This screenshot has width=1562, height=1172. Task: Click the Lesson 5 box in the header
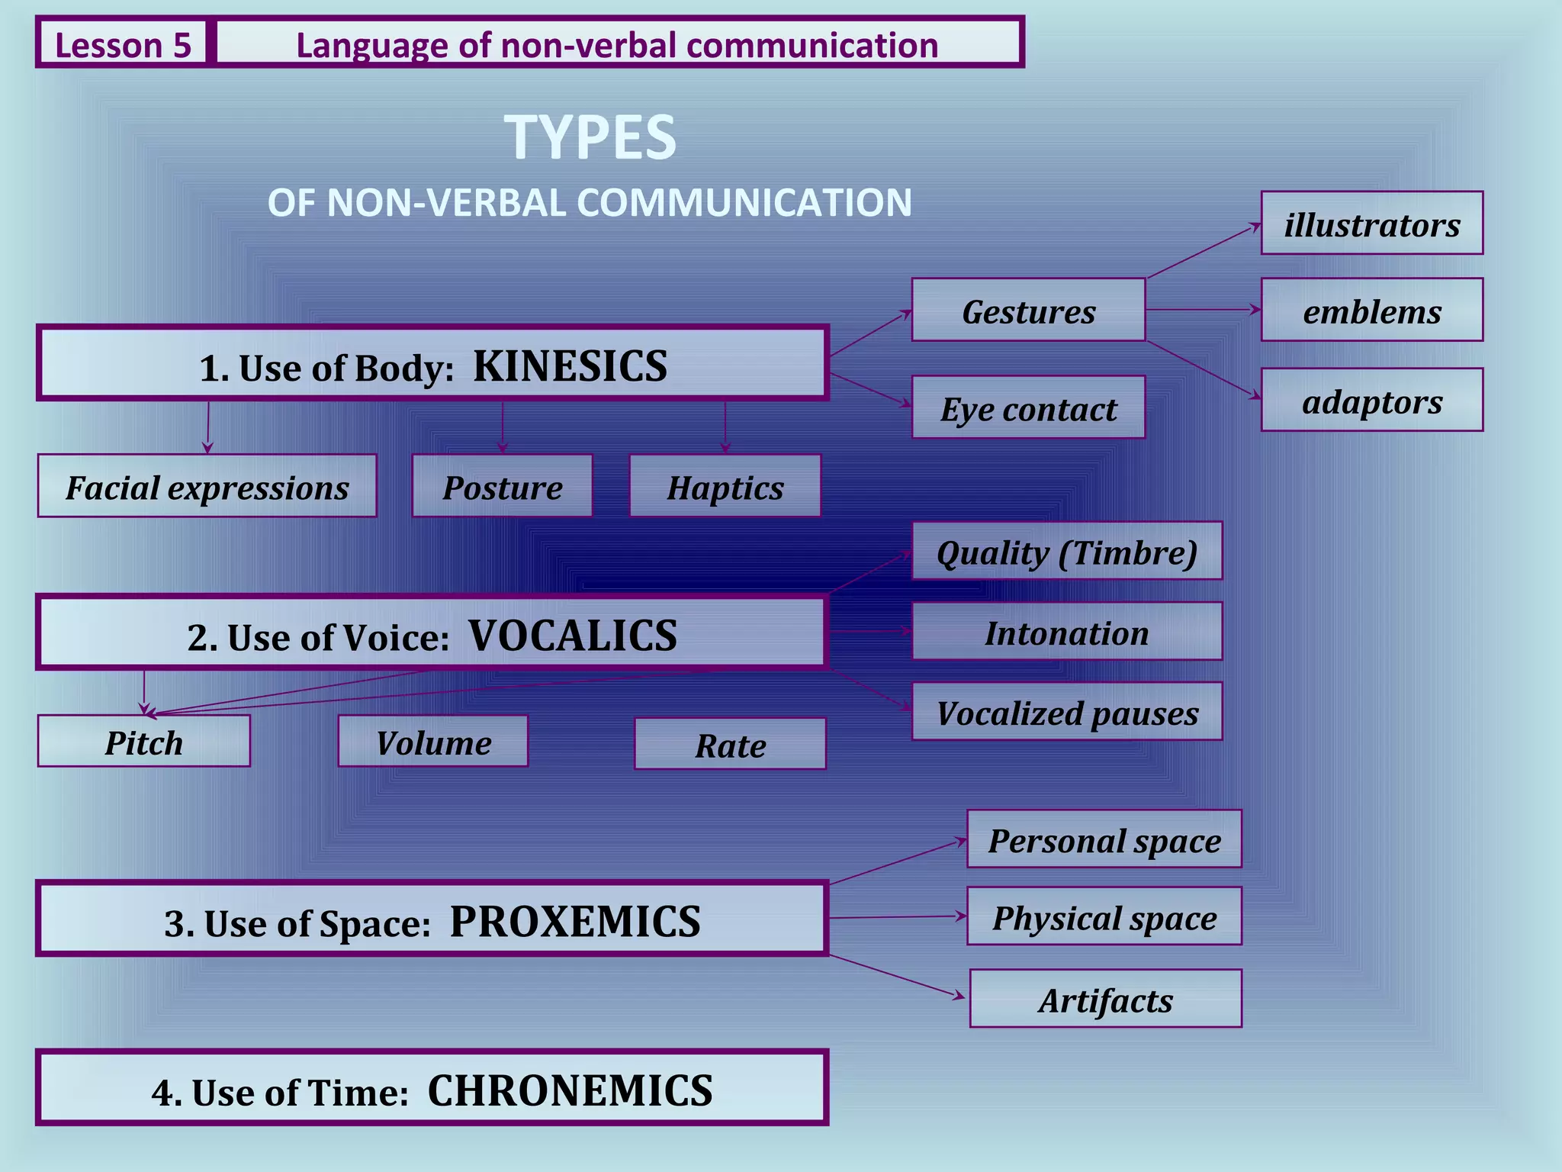[x=122, y=44]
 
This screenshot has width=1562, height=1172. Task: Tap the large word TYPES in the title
[x=590, y=137]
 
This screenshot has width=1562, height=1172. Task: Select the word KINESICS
[x=570, y=366]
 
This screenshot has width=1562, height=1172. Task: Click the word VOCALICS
[x=572, y=636]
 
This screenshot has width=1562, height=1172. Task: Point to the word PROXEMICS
[x=575, y=922]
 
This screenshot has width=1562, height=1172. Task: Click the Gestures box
[x=1028, y=310]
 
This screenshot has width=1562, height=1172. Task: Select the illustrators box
[x=1371, y=224]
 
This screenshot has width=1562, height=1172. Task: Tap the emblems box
[x=1371, y=310]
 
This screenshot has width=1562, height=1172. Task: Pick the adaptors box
[x=1371, y=400]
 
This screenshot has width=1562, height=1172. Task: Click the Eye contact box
[x=1028, y=407]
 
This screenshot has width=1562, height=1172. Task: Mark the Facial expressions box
[x=207, y=486]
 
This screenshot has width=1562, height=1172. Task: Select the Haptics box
[x=725, y=486]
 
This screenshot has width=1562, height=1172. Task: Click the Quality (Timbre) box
[x=1066, y=551]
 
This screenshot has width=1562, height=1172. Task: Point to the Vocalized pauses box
[x=1066, y=712]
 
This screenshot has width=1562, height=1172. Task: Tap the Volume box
[x=432, y=741]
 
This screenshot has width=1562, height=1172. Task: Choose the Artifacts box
[x=1105, y=999]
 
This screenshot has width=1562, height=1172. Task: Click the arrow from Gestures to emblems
[x=1203, y=310]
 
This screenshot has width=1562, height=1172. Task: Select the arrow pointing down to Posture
[x=502, y=427]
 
